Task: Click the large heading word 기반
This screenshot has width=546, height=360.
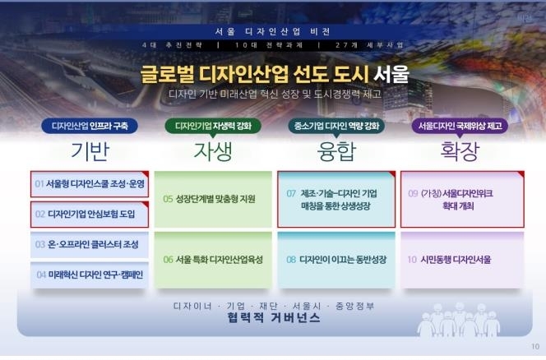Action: coord(90,151)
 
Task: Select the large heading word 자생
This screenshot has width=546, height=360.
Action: coord(213,151)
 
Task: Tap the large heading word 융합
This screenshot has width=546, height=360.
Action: coord(336,151)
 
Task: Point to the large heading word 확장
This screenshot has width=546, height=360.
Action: coord(460,151)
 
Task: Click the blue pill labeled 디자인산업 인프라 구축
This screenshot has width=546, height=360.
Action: coord(90,126)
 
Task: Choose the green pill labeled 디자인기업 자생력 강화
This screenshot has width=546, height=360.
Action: coord(213,126)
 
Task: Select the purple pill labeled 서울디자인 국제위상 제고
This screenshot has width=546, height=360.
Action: coord(460,126)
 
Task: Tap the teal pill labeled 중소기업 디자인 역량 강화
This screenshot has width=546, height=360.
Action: coord(336,126)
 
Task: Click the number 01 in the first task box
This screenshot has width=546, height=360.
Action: coord(39,184)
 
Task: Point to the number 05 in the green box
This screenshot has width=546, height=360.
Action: coord(168,199)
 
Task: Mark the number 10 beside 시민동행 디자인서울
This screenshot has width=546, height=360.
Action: coord(412,260)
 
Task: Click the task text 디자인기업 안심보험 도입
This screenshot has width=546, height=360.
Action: coord(91,215)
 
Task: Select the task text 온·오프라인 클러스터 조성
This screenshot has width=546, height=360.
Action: coord(93,244)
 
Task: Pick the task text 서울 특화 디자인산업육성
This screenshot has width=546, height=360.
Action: coord(219,260)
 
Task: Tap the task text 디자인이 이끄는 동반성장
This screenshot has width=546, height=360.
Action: coord(343,260)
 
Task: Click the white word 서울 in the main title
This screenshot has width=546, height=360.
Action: coord(391,75)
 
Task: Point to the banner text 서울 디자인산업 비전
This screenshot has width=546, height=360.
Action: coord(273,32)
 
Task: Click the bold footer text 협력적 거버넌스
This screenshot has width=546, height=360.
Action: coord(273,317)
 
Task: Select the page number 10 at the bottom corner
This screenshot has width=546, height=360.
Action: coord(535,346)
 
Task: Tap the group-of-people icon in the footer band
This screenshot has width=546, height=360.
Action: coord(459,319)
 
